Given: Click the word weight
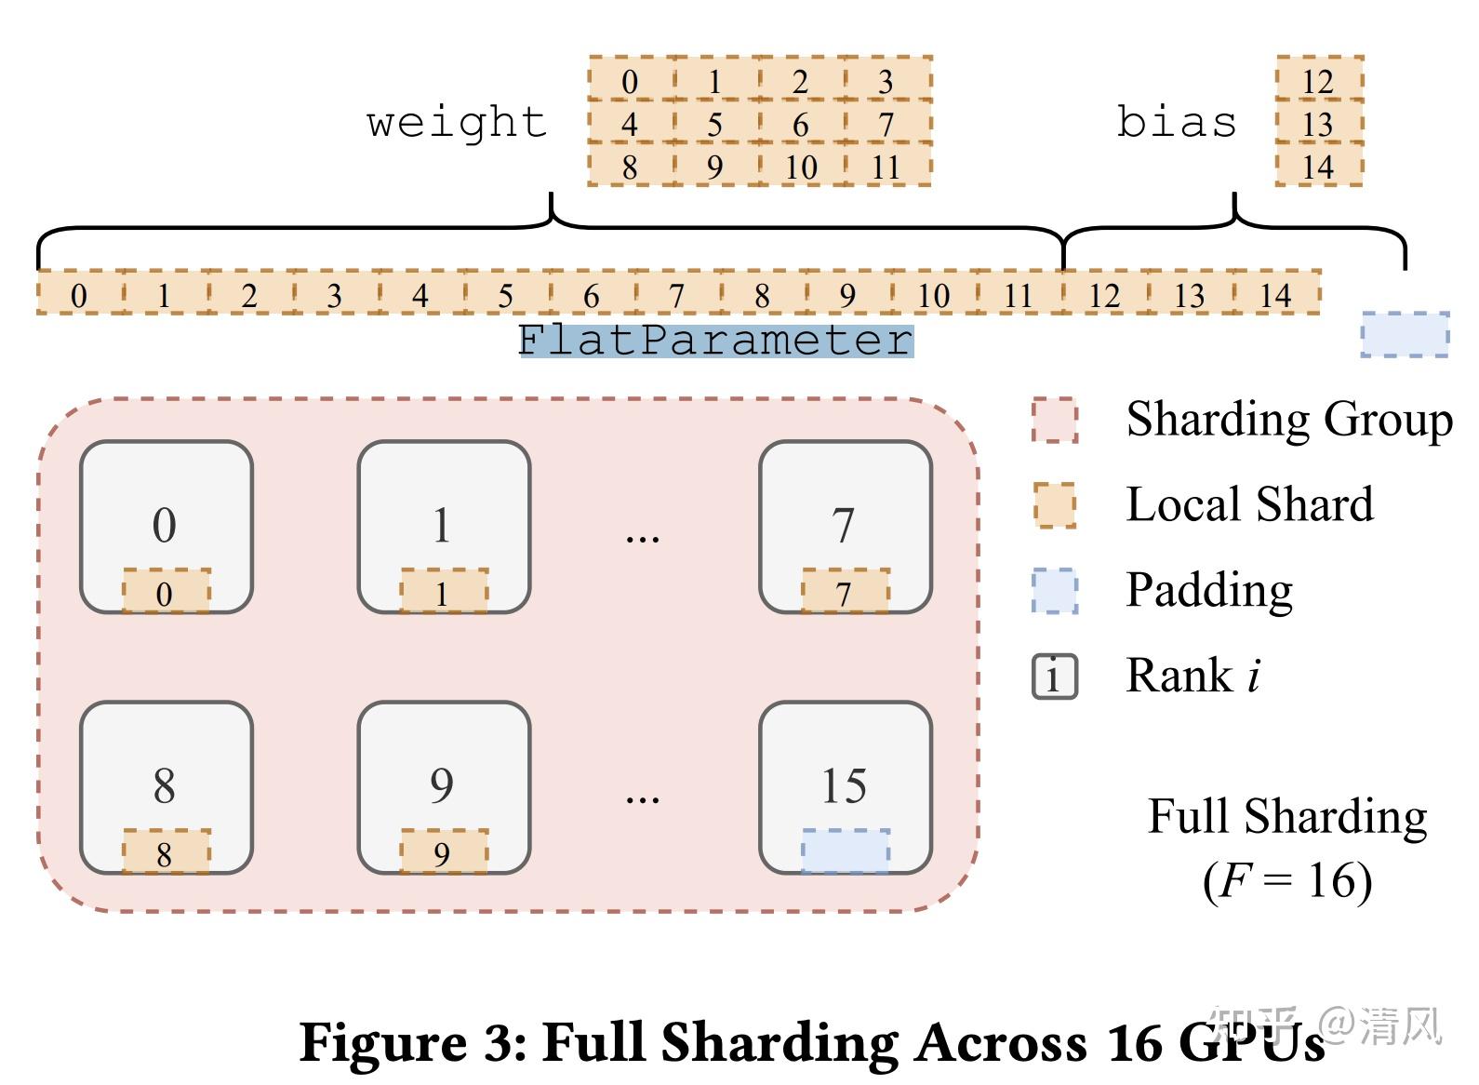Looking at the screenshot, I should point(457,123).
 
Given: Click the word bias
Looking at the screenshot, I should point(1176,123).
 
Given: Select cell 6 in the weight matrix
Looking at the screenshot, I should point(801,124).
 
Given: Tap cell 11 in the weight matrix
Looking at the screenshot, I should point(886,167).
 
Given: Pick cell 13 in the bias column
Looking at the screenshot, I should point(1318,124).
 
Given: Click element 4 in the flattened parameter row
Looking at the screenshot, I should point(420,295).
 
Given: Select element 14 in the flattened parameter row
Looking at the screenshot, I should point(1275,295).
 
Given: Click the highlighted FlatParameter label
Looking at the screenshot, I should point(715,341).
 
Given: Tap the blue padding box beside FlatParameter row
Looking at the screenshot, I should point(1405,334).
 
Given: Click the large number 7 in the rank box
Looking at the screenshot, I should point(844,526).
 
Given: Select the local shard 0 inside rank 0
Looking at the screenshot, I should point(166,593).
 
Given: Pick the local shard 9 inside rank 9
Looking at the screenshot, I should point(443,852).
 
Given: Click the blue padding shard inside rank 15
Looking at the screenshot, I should point(845,851).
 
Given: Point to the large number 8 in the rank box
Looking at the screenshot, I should point(165,786).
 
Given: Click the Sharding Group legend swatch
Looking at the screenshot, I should point(1055,421).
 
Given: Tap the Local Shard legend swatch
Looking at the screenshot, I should point(1055,505).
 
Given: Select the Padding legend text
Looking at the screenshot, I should point(1209,591).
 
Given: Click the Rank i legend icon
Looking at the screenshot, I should point(1055,676).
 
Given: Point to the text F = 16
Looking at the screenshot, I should point(1287,880).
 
